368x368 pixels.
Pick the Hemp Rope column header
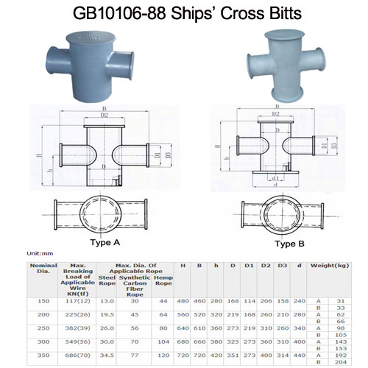pos(162,282)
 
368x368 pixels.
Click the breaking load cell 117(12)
pos(76,301)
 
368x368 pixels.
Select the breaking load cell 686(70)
pos(76,356)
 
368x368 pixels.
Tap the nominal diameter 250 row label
pos(42,328)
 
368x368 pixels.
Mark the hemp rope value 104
pos(163,342)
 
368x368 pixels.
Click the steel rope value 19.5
pos(106,314)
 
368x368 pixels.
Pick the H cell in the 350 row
pos(183,356)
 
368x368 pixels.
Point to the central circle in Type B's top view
pos(275,213)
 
